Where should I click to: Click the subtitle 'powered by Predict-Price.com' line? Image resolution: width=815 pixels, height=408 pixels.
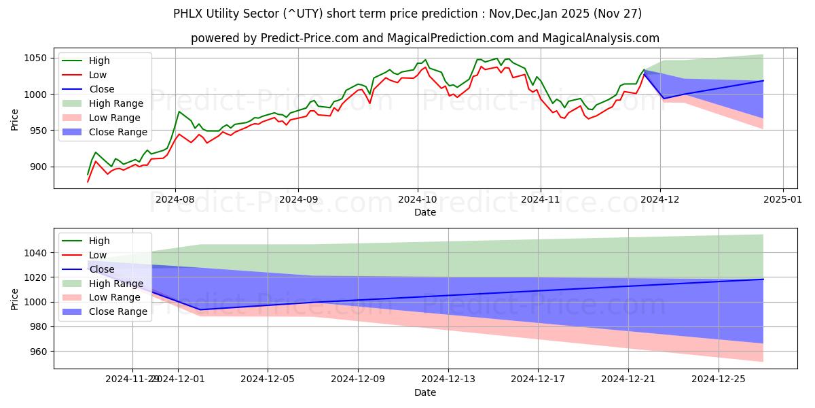coord(424,38)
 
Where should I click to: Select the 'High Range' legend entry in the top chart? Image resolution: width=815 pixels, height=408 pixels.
coord(112,103)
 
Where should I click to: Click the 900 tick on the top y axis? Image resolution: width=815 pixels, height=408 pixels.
coord(39,167)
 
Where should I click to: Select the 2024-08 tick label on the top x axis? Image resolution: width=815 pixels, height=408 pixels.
coord(175,200)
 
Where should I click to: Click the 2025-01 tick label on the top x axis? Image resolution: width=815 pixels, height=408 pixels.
coord(783,200)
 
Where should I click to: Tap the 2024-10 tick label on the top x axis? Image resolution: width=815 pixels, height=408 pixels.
coord(418,200)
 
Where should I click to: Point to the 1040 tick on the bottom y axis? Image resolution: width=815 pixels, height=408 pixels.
coord(37,253)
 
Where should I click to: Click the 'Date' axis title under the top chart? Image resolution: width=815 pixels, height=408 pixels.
coord(424,212)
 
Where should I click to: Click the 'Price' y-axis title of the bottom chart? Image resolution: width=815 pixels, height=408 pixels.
coord(14,299)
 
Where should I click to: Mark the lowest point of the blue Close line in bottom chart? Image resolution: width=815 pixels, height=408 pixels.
coord(200,309)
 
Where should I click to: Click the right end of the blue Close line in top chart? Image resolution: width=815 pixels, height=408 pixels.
coord(763,81)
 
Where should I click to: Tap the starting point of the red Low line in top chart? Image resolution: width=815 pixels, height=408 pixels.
coord(88,182)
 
